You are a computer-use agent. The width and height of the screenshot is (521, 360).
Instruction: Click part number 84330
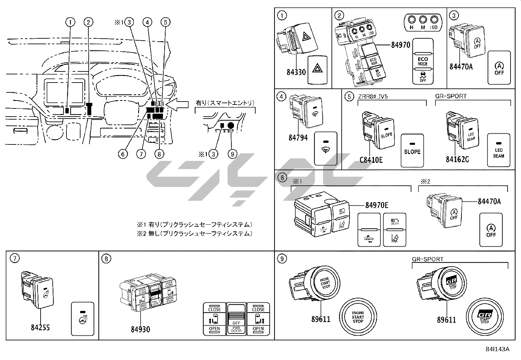tap(296, 72)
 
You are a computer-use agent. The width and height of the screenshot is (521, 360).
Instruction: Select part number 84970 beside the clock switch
tap(401, 45)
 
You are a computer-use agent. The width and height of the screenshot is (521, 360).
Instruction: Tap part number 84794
tap(298, 138)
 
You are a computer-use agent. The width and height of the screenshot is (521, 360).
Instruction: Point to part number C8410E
tap(371, 160)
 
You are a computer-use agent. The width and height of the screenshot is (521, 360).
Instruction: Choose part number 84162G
tap(457, 160)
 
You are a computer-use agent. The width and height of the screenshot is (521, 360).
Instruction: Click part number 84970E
tap(377, 205)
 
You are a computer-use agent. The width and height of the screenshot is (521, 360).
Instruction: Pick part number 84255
tap(40, 327)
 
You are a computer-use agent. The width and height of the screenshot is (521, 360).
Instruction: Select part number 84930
tap(140, 329)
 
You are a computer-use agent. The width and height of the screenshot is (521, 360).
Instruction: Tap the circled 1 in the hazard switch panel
tap(282, 15)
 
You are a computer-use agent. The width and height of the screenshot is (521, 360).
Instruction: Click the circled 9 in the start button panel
tap(282, 259)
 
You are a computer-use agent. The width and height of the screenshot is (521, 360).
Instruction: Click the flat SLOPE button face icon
tap(412, 150)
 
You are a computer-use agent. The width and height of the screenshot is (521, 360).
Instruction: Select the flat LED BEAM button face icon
tap(498, 150)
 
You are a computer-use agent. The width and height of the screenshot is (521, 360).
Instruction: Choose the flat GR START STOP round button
tap(485, 316)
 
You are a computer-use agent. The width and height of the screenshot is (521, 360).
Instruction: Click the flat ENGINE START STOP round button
tap(358, 316)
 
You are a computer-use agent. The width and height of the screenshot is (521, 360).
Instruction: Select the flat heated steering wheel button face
tap(82, 319)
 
